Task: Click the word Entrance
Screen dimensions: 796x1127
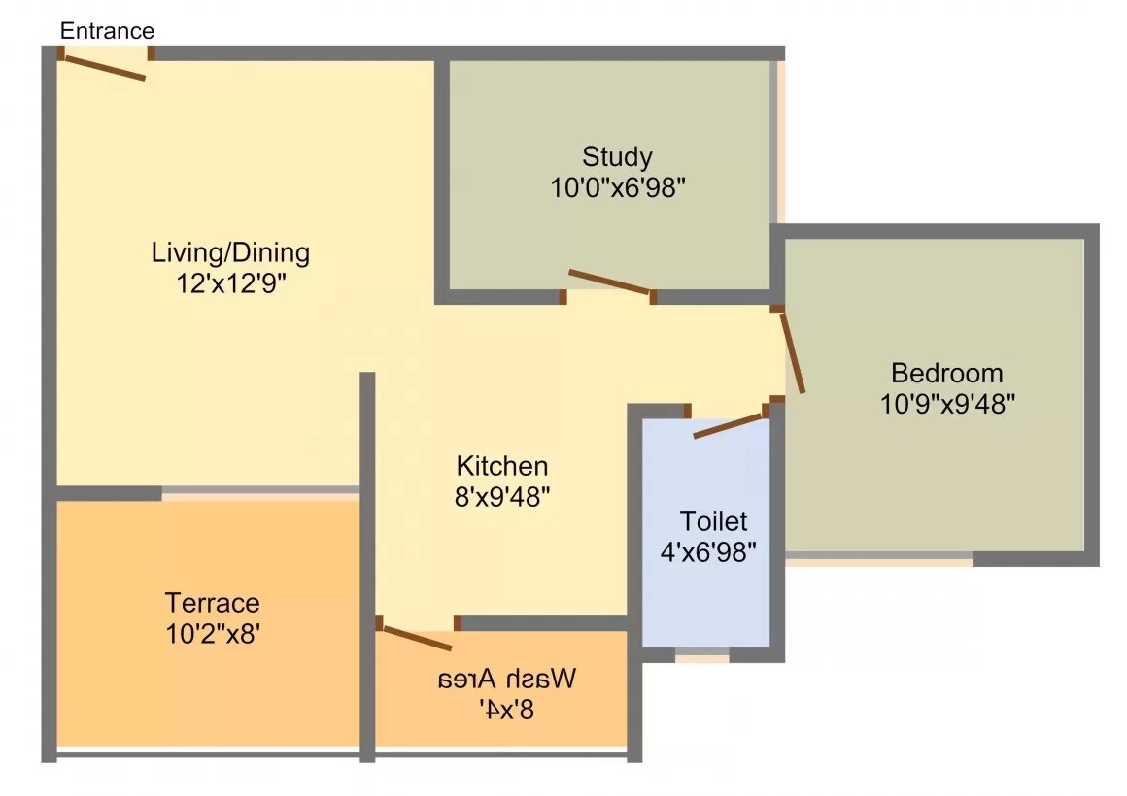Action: click(x=107, y=30)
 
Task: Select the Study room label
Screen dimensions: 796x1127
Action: click(x=617, y=156)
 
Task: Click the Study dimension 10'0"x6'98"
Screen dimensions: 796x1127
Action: click(x=619, y=187)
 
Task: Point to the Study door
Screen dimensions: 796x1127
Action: click(x=609, y=281)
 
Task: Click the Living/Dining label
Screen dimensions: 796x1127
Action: click(x=230, y=253)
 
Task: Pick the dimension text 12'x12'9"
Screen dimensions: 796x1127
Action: click(x=230, y=284)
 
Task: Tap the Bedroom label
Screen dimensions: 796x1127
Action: click(x=946, y=373)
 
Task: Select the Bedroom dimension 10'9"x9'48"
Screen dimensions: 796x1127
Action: click(x=947, y=404)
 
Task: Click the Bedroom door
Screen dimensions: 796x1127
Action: click(x=792, y=350)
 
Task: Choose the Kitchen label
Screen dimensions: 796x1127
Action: click(x=502, y=466)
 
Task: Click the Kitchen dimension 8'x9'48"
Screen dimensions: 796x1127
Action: click(x=503, y=497)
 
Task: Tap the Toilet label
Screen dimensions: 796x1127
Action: click(x=713, y=520)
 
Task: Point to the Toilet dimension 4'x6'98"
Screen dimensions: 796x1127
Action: click(x=709, y=551)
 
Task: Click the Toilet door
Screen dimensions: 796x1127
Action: click(x=730, y=425)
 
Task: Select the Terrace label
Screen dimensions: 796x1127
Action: click(x=212, y=603)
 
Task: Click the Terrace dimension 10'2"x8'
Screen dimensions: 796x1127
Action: click(x=212, y=634)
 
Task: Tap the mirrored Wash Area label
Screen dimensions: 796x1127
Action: click(x=505, y=678)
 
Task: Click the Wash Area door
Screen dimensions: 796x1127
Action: click(x=417, y=638)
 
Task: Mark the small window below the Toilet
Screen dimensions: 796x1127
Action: click(x=701, y=657)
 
